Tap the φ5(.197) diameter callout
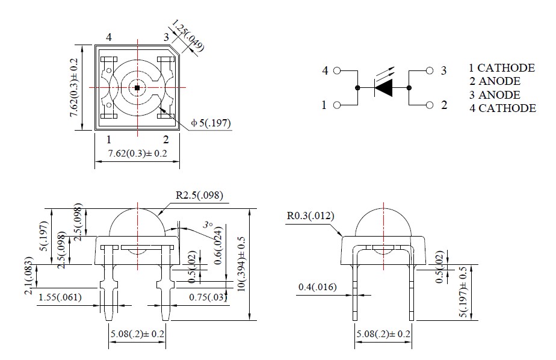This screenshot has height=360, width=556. [x=211, y=123]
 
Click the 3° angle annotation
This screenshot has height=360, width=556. [x=208, y=225]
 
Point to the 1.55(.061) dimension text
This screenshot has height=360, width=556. [x=60, y=297]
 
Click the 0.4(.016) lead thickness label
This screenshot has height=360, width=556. [x=318, y=288]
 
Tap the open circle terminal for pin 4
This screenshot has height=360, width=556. [x=337, y=70]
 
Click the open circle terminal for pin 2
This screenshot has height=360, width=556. [x=429, y=105]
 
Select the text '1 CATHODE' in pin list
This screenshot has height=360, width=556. [x=502, y=68]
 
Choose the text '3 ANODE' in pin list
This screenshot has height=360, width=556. [x=495, y=95]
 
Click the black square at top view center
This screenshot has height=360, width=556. [x=137, y=88]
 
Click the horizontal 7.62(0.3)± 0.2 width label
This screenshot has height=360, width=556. [x=137, y=154]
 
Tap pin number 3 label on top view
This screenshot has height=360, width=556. [x=166, y=37]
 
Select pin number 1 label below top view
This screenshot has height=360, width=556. [x=109, y=139]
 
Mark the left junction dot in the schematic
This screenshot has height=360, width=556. [x=357, y=88]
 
